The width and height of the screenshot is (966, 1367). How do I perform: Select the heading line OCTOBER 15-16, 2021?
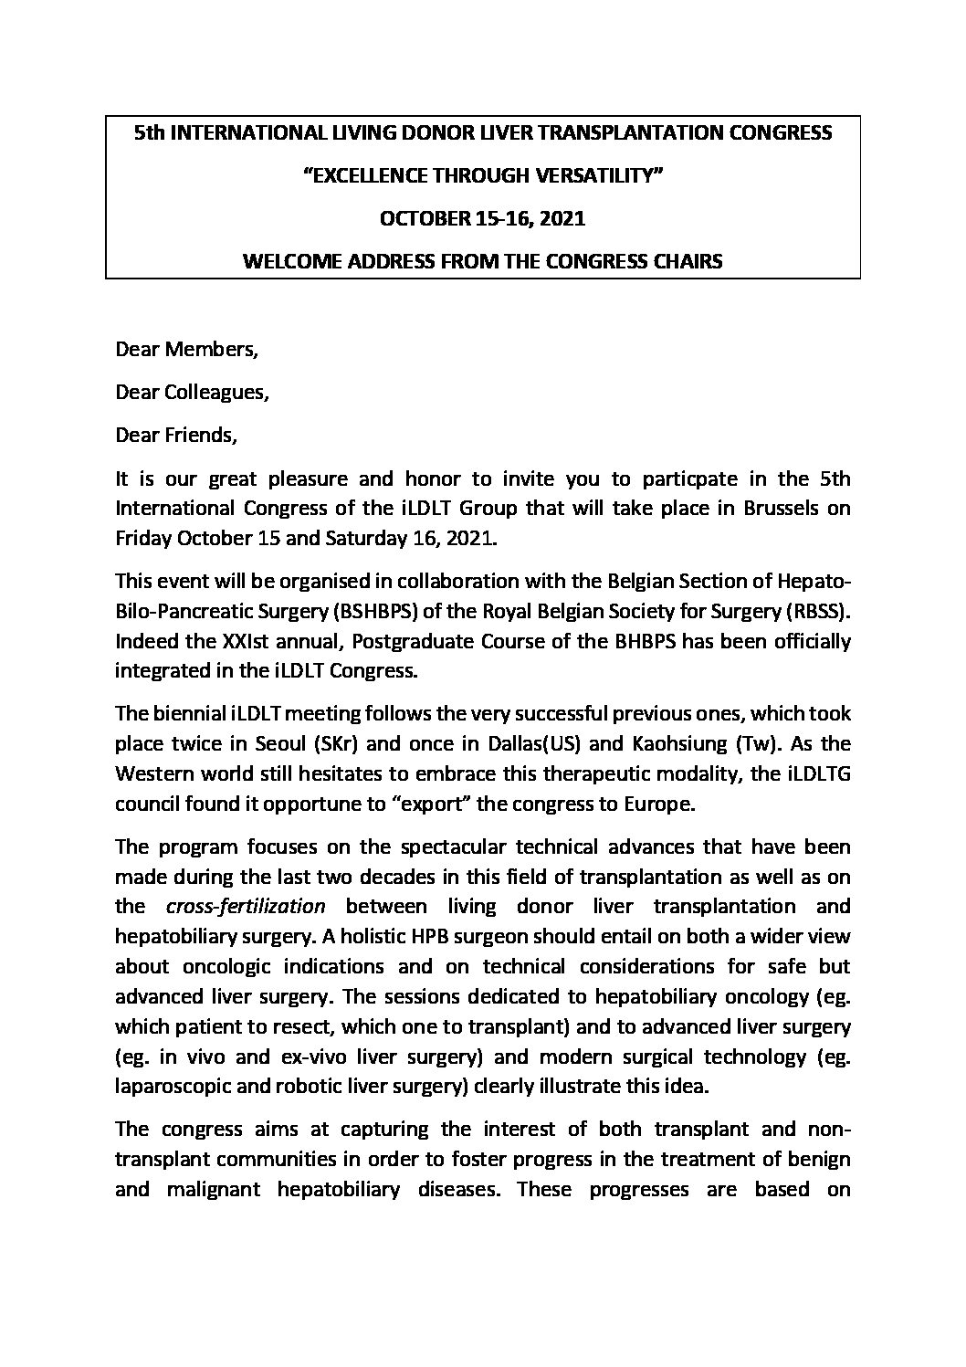pos(482,218)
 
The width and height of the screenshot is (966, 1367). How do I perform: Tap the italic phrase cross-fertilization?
pos(247,906)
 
